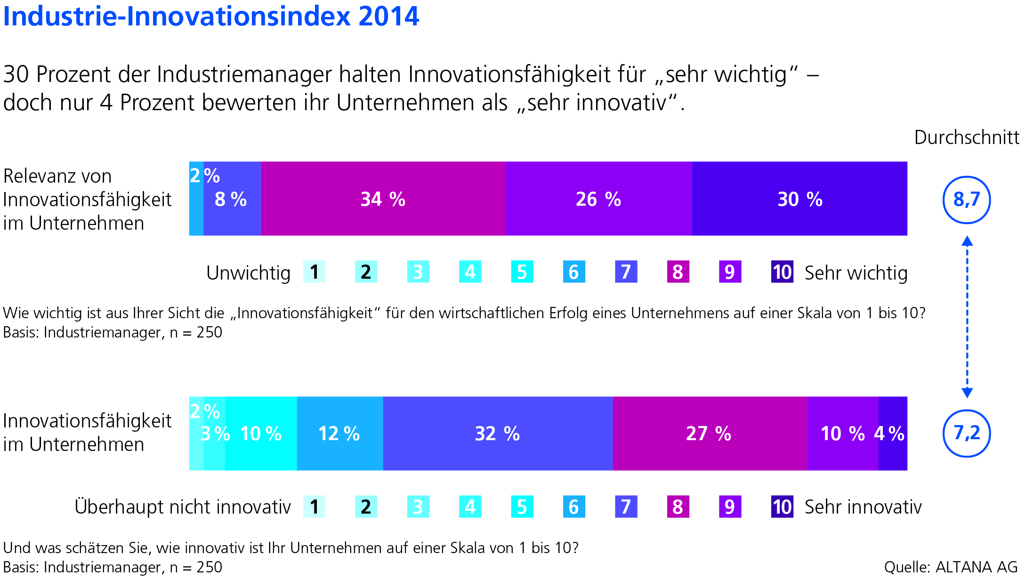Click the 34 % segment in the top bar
coord(383,199)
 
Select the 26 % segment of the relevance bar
coord(598,199)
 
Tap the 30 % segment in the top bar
coord(799,199)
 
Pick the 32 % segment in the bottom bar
coord(497,434)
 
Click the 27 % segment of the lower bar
coord(709,434)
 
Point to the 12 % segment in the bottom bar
coord(339,434)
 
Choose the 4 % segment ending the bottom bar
coord(893,434)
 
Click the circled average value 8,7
coord(967,200)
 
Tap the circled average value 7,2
coord(967,433)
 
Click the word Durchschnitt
coord(967,137)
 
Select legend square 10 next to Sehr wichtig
coord(782,272)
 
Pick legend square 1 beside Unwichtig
coord(314,272)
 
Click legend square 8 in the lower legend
coord(678,507)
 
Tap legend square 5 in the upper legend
coord(522,272)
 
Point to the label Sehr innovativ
coord(863,507)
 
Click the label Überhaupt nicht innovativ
coord(183,507)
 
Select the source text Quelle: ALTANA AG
coord(951,567)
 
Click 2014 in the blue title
coord(388,16)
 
